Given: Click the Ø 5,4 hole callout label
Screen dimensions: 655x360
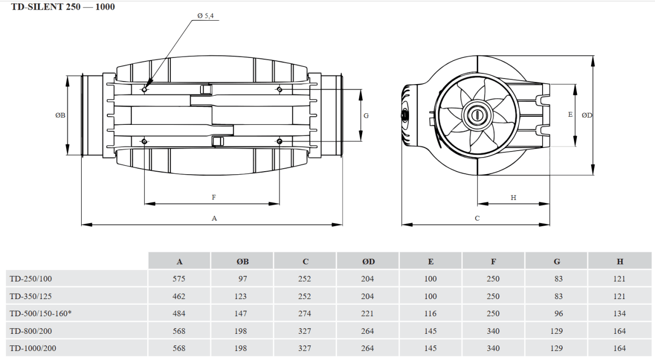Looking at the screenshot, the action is (x=206, y=16).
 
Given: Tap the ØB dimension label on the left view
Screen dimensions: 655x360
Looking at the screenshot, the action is (x=60, y=115).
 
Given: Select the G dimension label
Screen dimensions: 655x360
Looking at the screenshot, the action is (x=366, y=116).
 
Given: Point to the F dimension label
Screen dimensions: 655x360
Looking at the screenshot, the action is (x=214, y=197).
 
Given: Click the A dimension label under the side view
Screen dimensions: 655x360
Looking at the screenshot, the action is (x=214, y=219).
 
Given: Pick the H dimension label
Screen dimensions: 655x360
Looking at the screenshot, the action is (x=513, y=198).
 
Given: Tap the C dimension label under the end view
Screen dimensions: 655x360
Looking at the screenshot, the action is (x=477, y=219).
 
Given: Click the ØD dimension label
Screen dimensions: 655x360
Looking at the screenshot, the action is (x=587, y=115).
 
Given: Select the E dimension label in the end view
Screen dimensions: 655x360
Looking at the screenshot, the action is (x=570, y=115).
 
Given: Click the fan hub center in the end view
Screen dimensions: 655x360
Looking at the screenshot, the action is (x=477, y=115).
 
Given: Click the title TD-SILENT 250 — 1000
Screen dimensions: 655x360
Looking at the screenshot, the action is (x=63, y=7).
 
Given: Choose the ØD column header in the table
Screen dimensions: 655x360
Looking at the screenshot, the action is (x=368, y=261).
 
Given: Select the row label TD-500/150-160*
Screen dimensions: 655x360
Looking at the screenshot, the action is (x=40, y=314).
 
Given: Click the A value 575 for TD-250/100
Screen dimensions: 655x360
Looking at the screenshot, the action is (x=179, y=279).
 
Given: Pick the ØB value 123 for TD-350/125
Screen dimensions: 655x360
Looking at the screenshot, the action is (x=240, y=296).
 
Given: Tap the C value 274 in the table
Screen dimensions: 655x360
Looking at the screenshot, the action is (x=304, y=314).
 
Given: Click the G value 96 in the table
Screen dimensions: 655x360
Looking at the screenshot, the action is (x=558, y=314).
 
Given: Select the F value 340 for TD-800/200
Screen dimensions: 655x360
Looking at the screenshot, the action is (x=493, y=331).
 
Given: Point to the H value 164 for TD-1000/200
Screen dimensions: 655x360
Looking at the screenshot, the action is (x=619, y=348).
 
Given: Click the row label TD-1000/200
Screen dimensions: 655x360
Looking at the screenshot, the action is (x=33, y=348).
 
